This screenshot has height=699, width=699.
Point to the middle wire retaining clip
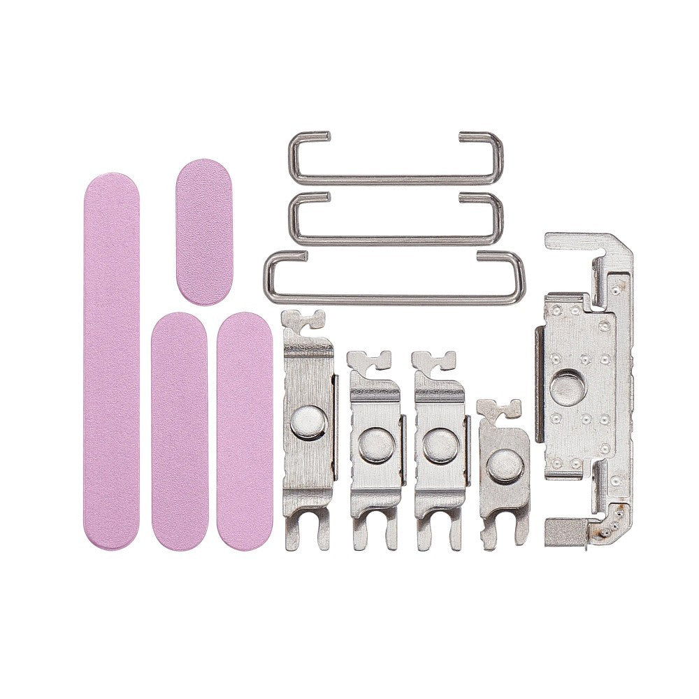[394, 218]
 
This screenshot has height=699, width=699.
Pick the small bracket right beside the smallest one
[440, 447]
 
